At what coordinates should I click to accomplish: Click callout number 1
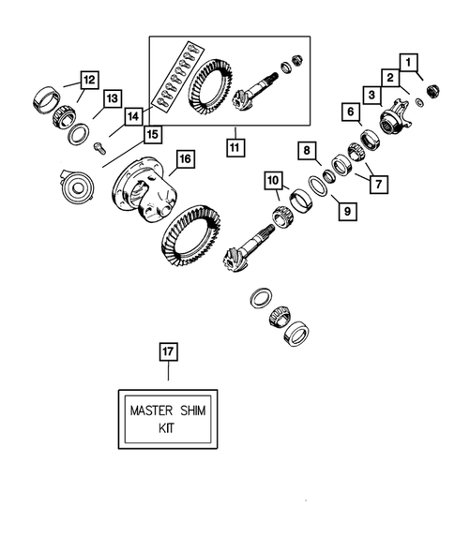pos(409,62)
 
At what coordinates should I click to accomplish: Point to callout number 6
pos(351,112)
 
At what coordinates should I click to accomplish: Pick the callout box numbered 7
pos(380,184)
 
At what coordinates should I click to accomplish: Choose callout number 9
pos(346,212)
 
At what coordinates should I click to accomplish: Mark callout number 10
pos(272,179)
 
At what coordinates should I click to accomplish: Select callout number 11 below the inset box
pos(232,146)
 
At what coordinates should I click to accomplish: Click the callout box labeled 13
pos(112,98)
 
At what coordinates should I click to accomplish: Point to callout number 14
pos(132,116)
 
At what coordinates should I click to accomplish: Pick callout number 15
pos(150,135)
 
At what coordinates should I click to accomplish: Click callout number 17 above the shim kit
pos(168,351)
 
